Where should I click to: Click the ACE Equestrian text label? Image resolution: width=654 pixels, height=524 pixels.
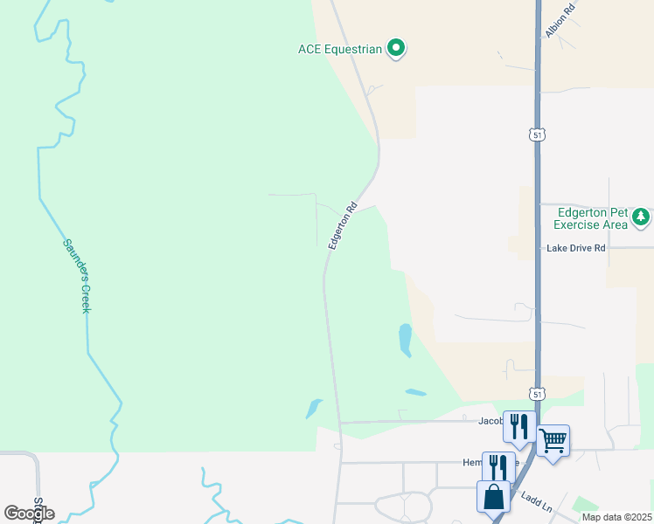pos(340,49)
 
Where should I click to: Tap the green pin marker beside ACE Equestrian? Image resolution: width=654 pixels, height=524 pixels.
pos(396,48)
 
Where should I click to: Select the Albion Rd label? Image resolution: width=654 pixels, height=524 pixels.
pos(560,18)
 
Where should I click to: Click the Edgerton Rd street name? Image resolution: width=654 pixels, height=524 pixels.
pos(343,226)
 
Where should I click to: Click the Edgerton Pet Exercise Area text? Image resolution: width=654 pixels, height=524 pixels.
pos(593,218)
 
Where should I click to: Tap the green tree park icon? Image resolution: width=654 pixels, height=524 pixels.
pos(641,216)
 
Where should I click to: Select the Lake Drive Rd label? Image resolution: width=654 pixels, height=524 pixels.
pos(575,248)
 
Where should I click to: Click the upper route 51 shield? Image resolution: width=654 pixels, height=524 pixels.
pos(537,134)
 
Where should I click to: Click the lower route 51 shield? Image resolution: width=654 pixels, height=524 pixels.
pos(537,395)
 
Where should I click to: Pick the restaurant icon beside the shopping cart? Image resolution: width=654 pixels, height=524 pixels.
pos(520,426)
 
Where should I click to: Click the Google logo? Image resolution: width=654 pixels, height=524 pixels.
pos(29,514)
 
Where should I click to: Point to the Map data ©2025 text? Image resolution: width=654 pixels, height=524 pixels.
pos(617,517)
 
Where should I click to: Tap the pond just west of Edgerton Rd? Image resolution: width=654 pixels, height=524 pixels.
pos(313,408)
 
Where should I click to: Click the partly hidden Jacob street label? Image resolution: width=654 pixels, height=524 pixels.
pos(491,420)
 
